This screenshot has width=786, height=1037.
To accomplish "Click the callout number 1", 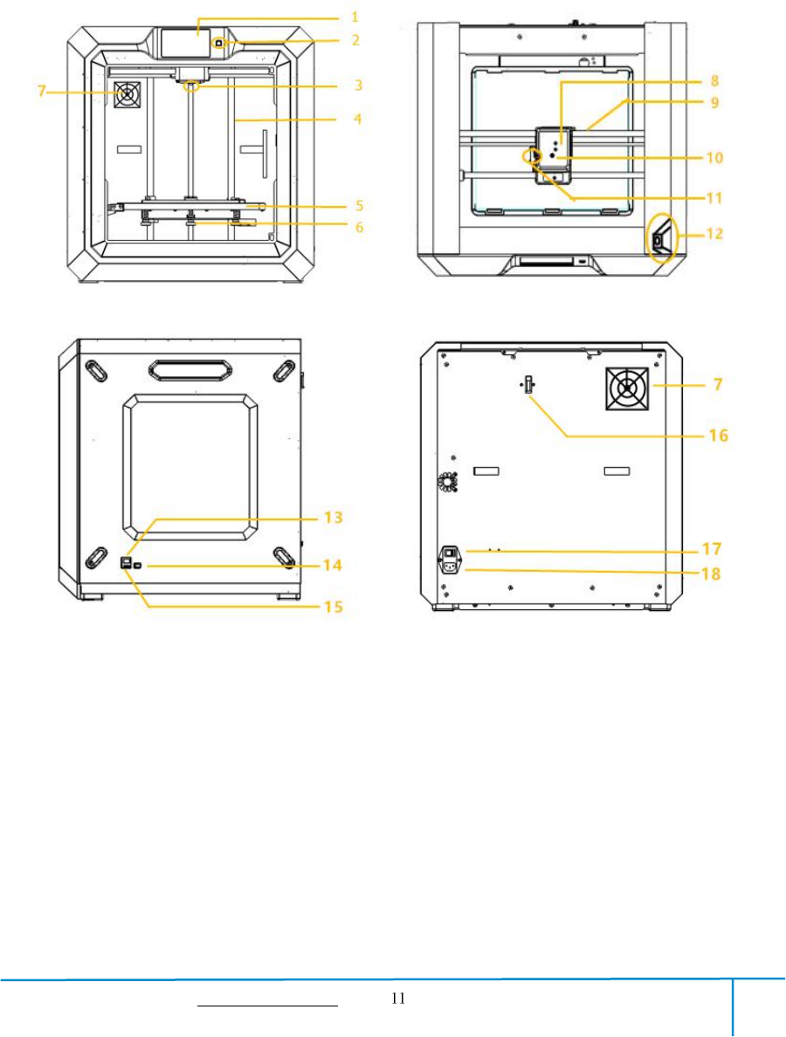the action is coord(355,17).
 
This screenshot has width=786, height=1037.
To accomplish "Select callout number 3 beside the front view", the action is coord(358,86).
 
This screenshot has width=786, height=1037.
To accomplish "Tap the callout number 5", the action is coord(359,206).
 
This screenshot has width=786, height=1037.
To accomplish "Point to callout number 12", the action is coord(714,233).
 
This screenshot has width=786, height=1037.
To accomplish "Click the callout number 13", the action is coord(334,517).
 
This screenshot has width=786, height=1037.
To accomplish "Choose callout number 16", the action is coord(719,436).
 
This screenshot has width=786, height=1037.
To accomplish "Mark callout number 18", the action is coord(711,573).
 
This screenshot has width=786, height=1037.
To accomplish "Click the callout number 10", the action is coord(714,157).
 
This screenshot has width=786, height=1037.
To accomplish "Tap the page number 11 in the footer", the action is coord(398,998).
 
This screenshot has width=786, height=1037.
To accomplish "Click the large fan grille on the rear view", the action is coord(625,388).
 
